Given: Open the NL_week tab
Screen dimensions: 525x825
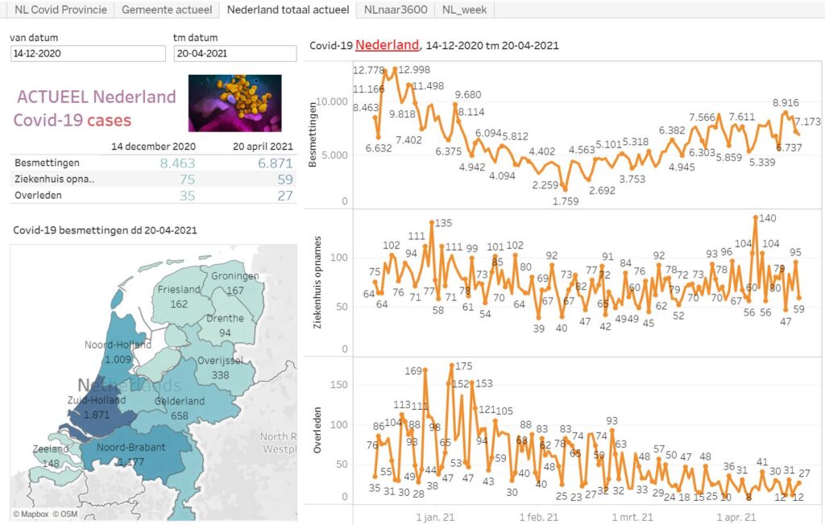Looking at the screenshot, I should coord(465,10).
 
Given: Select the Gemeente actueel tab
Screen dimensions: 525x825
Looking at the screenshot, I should coord(167,10).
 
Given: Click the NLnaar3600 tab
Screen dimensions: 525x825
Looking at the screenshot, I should coord(395,10).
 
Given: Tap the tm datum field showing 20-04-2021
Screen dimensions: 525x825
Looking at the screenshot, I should coord(235,53).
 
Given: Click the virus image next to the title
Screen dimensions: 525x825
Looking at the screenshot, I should coord(234,103).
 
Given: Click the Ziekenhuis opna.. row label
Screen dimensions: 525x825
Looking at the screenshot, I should coord(54,178).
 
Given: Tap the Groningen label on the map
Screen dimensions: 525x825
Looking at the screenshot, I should coord(235,277).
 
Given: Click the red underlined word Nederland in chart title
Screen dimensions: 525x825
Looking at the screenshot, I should coord(387,45).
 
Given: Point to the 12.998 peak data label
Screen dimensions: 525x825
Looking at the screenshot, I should coord(413,69).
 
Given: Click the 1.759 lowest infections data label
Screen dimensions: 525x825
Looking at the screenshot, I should coord(565,201).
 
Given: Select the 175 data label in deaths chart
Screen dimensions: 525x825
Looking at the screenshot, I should coord(462,366).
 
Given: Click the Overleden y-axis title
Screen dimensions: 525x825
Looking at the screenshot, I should coord(317,433).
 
